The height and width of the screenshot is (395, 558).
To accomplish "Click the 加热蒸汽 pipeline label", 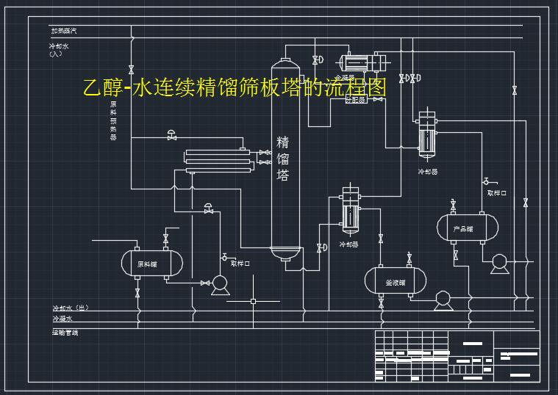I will (x=63, y=31).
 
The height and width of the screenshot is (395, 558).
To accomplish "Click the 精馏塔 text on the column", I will (x=283, y=158).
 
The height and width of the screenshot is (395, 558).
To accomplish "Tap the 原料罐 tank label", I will (x=147, y=264).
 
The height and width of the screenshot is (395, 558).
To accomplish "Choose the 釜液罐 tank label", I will (x=396, y=282).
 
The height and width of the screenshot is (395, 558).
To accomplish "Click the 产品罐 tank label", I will (x=463, y=229).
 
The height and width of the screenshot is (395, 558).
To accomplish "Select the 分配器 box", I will (x=357, y=99).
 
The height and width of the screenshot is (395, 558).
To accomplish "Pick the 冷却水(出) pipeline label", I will (x=70, y=308).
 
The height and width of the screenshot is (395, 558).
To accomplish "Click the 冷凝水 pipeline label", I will (x=62, y=319).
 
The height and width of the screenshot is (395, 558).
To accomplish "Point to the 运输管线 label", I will (x=65, y=333).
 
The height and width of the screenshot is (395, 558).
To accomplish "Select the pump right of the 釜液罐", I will (x=443, y=297).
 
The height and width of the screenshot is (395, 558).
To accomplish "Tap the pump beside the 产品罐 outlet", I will (x=499, y=260).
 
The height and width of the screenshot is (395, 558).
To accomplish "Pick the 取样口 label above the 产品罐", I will (x=497, y=192).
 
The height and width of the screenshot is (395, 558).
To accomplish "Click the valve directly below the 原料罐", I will (x=137, y=292).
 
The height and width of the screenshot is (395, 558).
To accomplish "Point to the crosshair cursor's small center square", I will (x=254, y=300).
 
